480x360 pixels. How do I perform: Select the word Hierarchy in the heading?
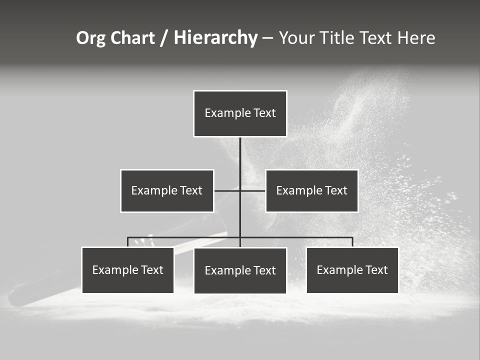(215, 38)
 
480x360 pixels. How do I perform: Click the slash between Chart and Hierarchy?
(164, 38)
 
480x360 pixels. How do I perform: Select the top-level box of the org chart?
(240, 113)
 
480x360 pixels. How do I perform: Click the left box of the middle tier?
(167, 191)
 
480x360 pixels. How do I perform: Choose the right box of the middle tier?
(311, 191)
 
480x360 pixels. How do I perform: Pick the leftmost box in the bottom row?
(127, 270)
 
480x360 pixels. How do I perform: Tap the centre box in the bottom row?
(240, 271)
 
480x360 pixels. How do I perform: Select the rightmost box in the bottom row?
(352, 270)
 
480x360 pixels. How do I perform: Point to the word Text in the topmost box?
(264, 113)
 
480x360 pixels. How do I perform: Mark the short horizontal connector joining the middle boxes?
(228, 190)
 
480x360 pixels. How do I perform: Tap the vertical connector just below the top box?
(240, 155)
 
